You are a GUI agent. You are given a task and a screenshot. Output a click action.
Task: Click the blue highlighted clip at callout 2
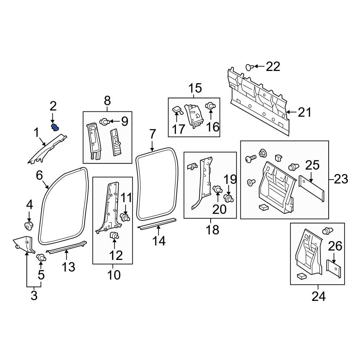[55, 127]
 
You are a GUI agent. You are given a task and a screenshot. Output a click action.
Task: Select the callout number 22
[273, 66]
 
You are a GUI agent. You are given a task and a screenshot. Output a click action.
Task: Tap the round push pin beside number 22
[249, 67]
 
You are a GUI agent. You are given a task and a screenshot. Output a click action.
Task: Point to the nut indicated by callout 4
[29, 226]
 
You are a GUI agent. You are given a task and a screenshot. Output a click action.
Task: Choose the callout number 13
[68, 267]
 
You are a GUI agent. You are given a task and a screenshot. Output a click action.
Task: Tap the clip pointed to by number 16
[210, 106]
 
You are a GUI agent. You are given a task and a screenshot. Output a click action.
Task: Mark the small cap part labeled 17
[177, 110]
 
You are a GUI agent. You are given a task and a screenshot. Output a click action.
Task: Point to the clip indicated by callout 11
[125, 218]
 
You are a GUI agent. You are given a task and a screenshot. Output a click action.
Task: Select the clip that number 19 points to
[228, 198]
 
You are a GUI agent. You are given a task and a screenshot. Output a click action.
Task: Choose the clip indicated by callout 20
[218, 189]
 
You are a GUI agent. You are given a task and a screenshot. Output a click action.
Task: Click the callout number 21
[304, 113]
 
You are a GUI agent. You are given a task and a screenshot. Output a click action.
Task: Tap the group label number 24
[319, 296]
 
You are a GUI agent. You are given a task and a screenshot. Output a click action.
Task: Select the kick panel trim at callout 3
[24, 243]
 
